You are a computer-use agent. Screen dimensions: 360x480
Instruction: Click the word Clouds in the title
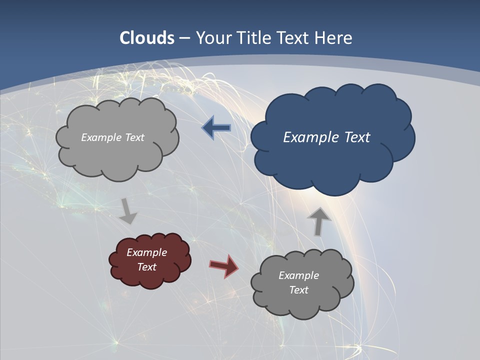[147, 37]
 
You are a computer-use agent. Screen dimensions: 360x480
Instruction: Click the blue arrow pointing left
[216, 128]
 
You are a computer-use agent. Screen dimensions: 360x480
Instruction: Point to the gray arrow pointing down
[127, 210]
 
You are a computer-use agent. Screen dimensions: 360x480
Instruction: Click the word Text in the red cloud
[147, 267]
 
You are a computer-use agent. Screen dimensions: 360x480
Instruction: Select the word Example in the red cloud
[147, 252]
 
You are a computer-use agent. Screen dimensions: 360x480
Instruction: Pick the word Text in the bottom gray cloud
[298, 290]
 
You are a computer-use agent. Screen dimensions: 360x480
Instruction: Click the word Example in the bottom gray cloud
[298, 275]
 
